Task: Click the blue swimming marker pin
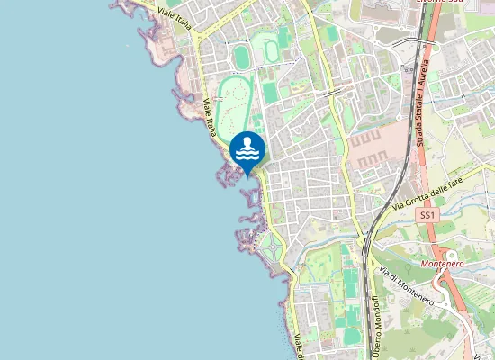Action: pyautogui.click(x=247, y=150)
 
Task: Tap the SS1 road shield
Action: pyautogui.click(x=427, y=216)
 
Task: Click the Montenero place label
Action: pyautogui.click(x=441, y=265)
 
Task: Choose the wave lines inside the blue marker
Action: pyautogui.click(x=247, y=155)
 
